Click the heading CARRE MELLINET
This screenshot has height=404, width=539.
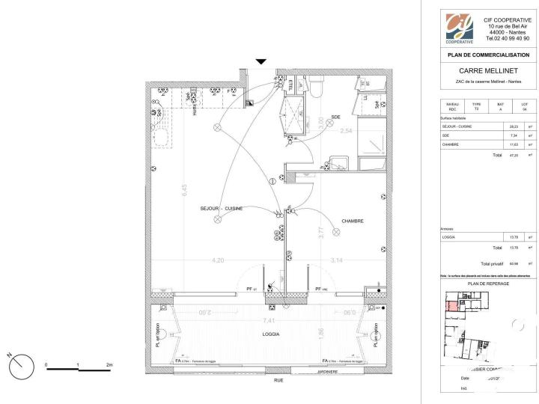coord(487,71)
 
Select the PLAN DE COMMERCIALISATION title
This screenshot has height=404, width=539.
coord(487,55)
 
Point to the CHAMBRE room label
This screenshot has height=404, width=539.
coord(353,221)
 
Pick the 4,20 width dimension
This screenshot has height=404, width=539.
coord(218,260)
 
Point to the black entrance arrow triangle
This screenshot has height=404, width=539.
coord(261,62)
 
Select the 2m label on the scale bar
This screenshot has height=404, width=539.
coord(109,365)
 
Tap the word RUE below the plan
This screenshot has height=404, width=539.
coord(278,380)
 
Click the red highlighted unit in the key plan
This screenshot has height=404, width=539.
coord(452,304)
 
